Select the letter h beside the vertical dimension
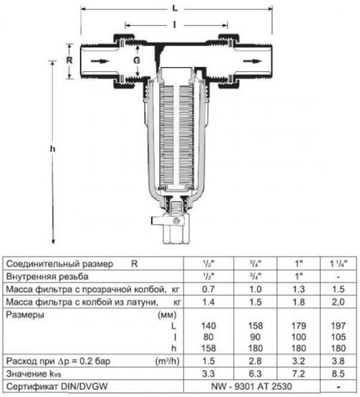(51, 148)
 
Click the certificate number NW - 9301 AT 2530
(256, 388)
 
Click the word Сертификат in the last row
(30, 388)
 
